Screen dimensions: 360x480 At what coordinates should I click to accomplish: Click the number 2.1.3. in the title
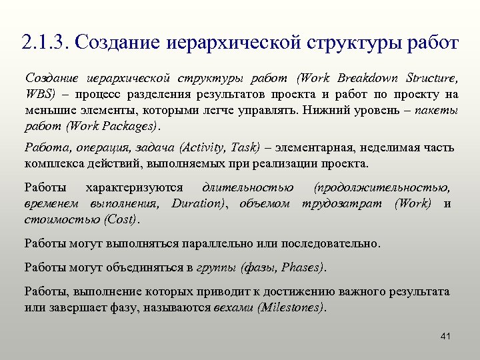46,43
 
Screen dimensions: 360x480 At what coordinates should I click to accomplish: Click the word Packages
132,126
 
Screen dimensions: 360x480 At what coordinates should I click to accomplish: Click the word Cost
122,219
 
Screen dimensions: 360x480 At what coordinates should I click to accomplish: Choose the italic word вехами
233,307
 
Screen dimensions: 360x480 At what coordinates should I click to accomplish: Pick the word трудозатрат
344,203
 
